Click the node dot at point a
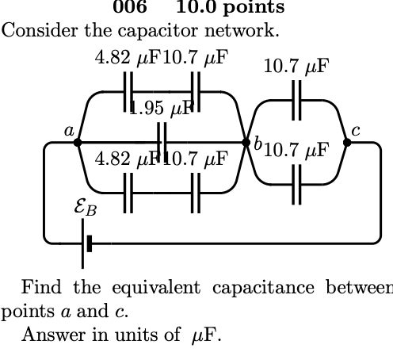click(x=77, y=143)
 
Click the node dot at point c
click(x=347, y=143)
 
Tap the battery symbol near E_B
click(x=86, y=243)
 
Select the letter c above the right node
click(x=356, y=129)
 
